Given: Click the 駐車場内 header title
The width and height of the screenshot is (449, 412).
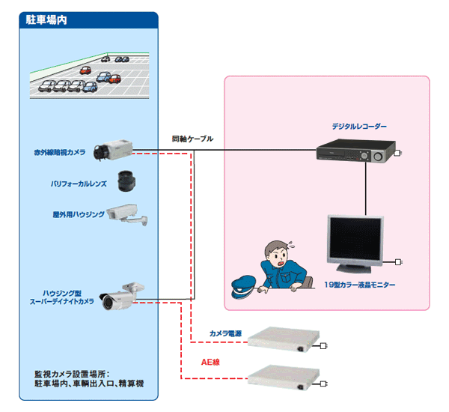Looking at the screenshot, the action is coord(46,19).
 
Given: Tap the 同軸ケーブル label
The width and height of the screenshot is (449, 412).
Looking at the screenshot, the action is coord(192,139).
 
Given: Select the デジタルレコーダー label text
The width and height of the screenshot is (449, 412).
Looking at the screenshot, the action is coord(359,127).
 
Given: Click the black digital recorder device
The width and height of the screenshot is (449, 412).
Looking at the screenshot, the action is coord(355,151).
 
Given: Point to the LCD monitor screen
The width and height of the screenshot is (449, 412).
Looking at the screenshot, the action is coord(355,238).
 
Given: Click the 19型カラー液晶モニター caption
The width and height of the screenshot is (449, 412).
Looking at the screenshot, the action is coord(360,285).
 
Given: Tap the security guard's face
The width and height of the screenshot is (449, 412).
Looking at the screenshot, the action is coord(278,254).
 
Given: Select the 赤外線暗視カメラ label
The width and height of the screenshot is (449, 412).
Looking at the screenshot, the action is coord(60,152).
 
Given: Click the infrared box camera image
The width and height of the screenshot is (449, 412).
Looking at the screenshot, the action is coord(113,150).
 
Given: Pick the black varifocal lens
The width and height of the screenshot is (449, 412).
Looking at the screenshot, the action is coord(126,181).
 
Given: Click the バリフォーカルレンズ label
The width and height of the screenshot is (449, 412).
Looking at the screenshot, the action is coord(79,184).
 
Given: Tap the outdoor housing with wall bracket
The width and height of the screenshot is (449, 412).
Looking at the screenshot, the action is coord(127,214).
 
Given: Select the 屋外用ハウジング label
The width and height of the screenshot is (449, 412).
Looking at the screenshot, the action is coord(79,214).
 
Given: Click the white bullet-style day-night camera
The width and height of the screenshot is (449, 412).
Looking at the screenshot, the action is coord(121,297).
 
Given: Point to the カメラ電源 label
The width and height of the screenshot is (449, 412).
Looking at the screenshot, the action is coord(226,333).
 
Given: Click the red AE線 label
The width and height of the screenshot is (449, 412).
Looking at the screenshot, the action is coord(210,362).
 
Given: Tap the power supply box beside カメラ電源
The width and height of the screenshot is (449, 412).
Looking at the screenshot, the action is coord(284,339).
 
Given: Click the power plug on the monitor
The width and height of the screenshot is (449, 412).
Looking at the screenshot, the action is coord(398,261).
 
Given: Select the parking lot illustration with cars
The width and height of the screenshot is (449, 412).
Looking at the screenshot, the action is coord(90,76).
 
